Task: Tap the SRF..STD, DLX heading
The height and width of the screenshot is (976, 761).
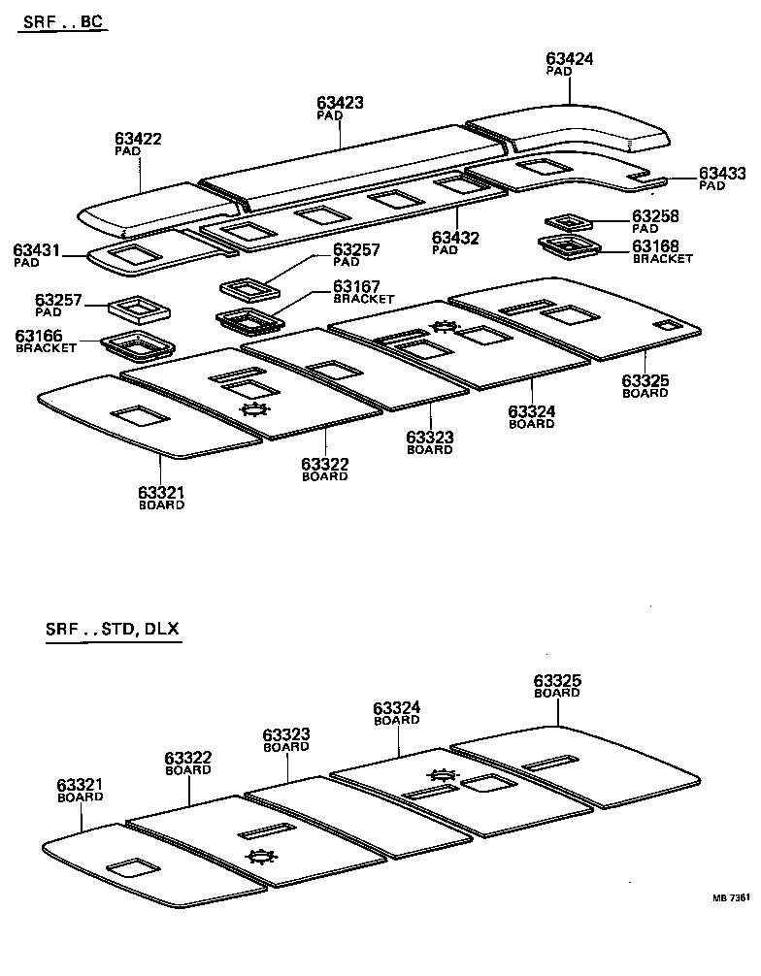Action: [x=112, y=628]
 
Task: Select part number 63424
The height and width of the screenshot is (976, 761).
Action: [x=570, y=59]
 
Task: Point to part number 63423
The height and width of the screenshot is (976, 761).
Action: [x=340, y=102]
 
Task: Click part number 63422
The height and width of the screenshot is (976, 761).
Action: [x=138, y=140]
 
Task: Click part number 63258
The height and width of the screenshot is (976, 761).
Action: [x=656, y=216]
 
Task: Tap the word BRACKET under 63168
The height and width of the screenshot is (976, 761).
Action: [x=663, y=259]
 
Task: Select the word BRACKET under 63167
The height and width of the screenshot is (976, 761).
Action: [x=364, y=299]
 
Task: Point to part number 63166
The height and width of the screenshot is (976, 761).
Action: [x=39, y=336]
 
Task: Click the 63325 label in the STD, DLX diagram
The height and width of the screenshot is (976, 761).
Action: [x=557, y=682]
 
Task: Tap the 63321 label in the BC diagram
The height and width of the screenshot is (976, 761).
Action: [x=161, y=493]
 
